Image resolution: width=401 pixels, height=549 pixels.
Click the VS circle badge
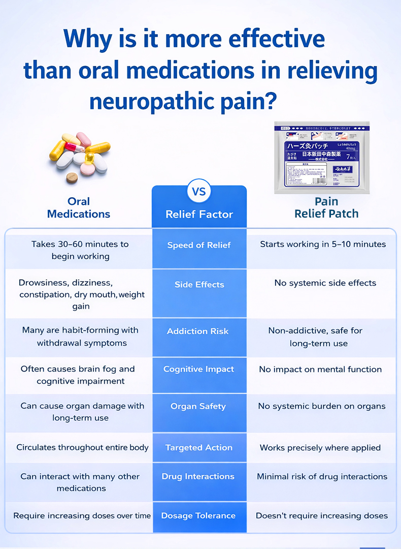pos(199,192)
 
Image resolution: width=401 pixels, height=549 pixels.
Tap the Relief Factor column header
pos(199,215)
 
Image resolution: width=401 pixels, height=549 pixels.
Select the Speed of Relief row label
pos(199,245)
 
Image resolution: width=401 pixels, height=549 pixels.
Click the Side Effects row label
pos(199,285)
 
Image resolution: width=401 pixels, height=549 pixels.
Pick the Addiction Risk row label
pos(198,331)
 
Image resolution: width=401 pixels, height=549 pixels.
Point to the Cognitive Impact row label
pos(198,369)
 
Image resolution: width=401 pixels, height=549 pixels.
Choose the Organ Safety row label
pos(198,406)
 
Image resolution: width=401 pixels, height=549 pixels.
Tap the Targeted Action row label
pos(198,448)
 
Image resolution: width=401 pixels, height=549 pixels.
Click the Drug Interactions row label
pos(198,476)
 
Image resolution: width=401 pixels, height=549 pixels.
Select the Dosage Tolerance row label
pos(198,515)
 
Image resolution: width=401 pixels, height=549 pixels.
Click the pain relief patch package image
pos(322,158)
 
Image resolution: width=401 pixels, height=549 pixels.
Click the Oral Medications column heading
pos(79,207)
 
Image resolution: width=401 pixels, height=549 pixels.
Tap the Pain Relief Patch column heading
pos(326,207)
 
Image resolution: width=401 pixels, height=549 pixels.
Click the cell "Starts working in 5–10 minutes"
pos(323,244)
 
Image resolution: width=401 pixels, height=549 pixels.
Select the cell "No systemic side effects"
pos(325,283)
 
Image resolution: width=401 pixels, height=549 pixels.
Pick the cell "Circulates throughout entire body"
pos(82,447)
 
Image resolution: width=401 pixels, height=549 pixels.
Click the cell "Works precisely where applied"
pos(320,448)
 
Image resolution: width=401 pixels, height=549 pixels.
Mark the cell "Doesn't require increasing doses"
pos(322,515)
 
